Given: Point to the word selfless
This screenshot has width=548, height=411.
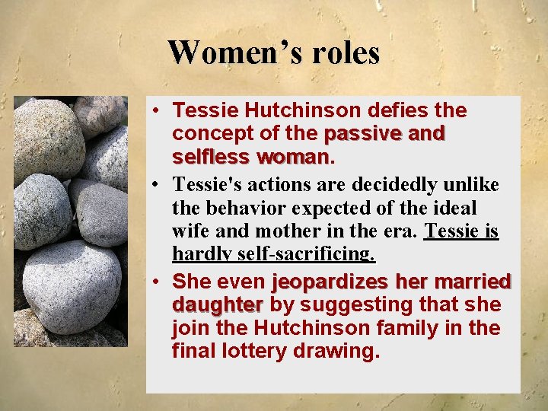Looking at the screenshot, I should (x=212, y=158).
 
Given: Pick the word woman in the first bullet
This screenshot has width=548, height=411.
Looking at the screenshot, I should (x=293, y=158).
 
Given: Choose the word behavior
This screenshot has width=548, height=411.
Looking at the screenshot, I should (x=250, y=207).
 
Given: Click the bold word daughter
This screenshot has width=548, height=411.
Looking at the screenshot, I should (x=217, y=305).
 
